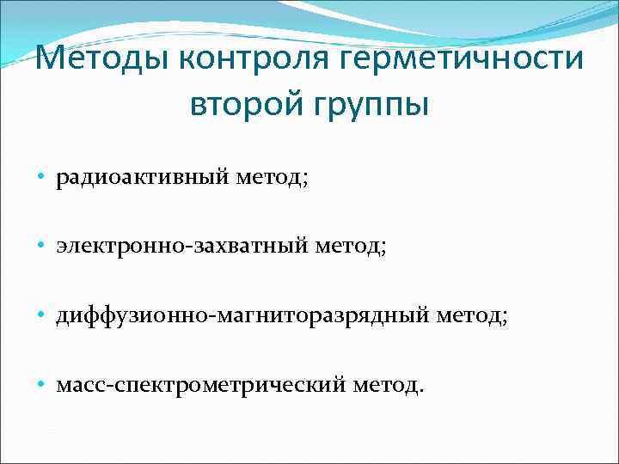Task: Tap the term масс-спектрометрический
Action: pos(199,386)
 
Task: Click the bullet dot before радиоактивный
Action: pos(41,177)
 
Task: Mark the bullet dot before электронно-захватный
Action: pos(41,247)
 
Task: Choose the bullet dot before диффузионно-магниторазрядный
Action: pos(41,316)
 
